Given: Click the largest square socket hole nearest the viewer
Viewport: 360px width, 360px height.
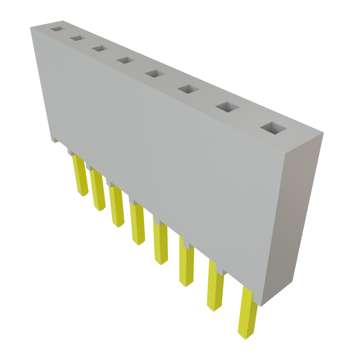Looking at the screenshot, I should pyautogui.click(x=273, y=128).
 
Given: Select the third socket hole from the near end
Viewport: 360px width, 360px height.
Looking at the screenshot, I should pyautogui.click(x=188, y=89).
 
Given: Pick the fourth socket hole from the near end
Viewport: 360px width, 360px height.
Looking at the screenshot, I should pyautogui.click(x=155, y=74).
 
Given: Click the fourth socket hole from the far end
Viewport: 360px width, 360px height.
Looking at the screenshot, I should pyautogui.click(x=126, y=60).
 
